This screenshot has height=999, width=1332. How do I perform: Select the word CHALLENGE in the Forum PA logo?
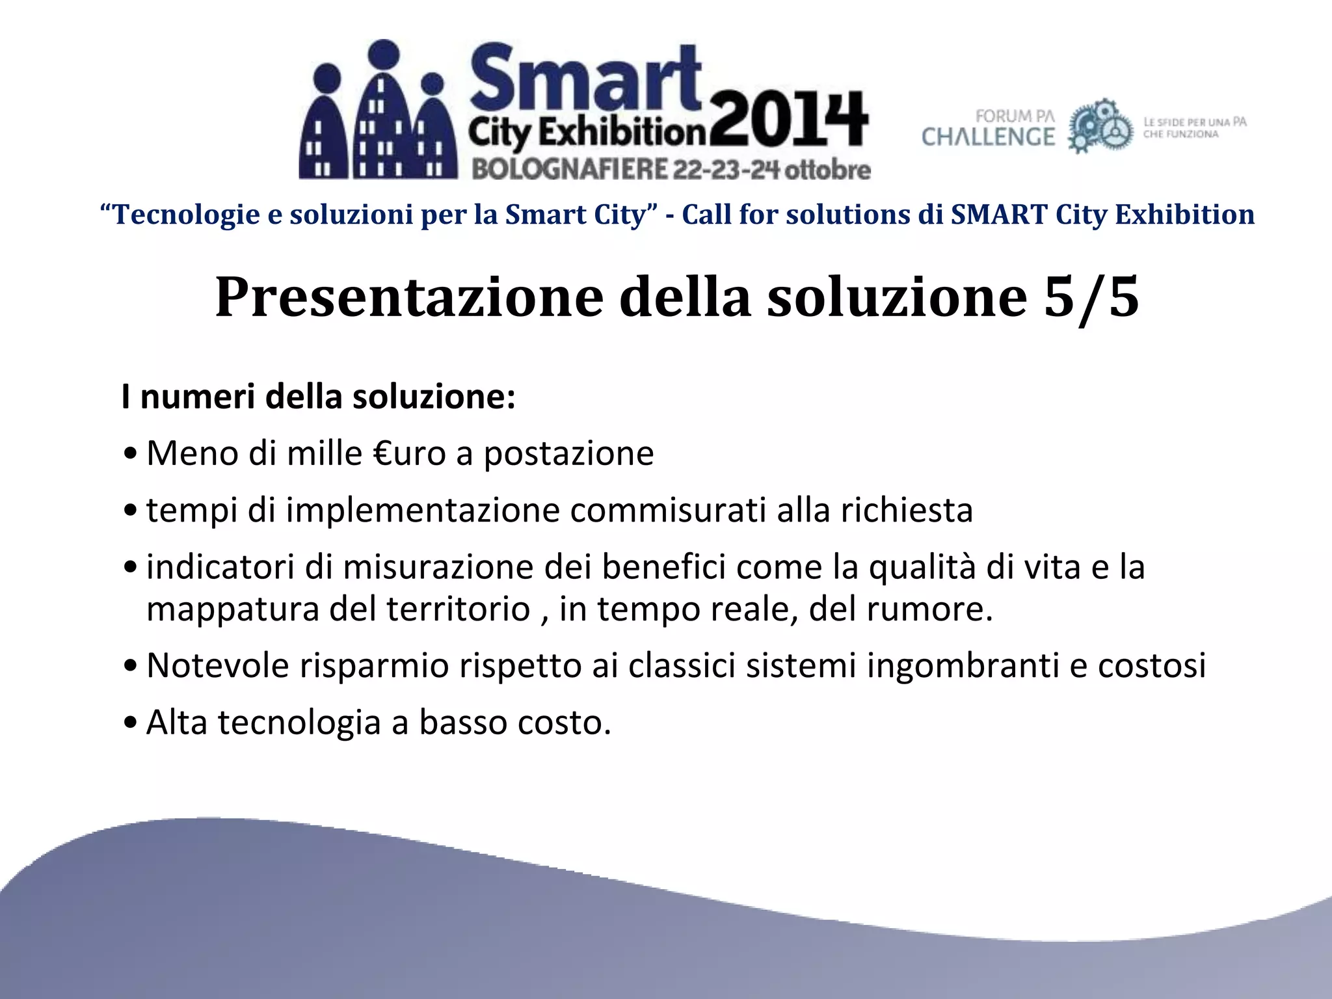coord(988,137)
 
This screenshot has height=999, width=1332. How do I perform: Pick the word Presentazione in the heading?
coord(409,297)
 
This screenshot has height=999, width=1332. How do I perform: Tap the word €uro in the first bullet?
coord(409,453)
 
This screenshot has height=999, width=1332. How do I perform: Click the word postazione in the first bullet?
coord(568,453)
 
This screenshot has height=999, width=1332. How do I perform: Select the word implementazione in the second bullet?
coord(423,510)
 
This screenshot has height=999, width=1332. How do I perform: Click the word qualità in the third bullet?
coord(922,566)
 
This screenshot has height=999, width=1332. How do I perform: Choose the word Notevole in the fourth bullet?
coord(217,665)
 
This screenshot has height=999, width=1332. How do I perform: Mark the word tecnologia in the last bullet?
coord(299,722)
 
